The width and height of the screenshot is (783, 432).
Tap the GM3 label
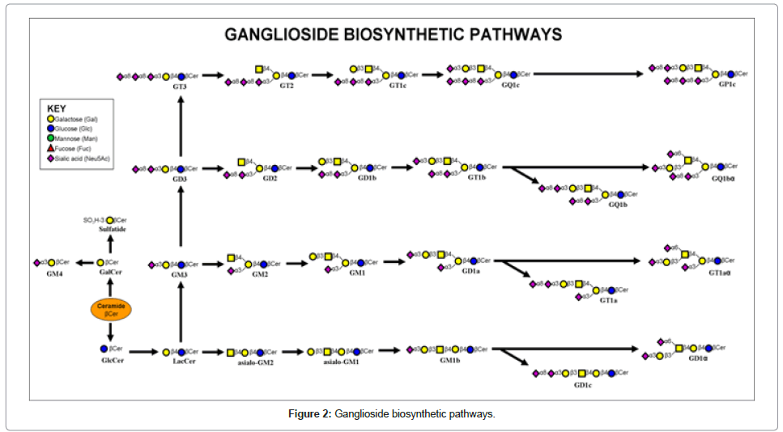(x=180, y=275)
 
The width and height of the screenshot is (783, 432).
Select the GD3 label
(x=180, y=179)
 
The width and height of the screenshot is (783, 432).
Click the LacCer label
(x=184, y=362)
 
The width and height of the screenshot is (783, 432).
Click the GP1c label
(x=727, y=85)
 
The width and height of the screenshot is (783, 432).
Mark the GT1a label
(x=609, y=300)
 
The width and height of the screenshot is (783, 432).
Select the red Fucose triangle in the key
(x=51, y=149)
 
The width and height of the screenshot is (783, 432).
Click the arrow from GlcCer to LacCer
(x=143, y=352)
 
